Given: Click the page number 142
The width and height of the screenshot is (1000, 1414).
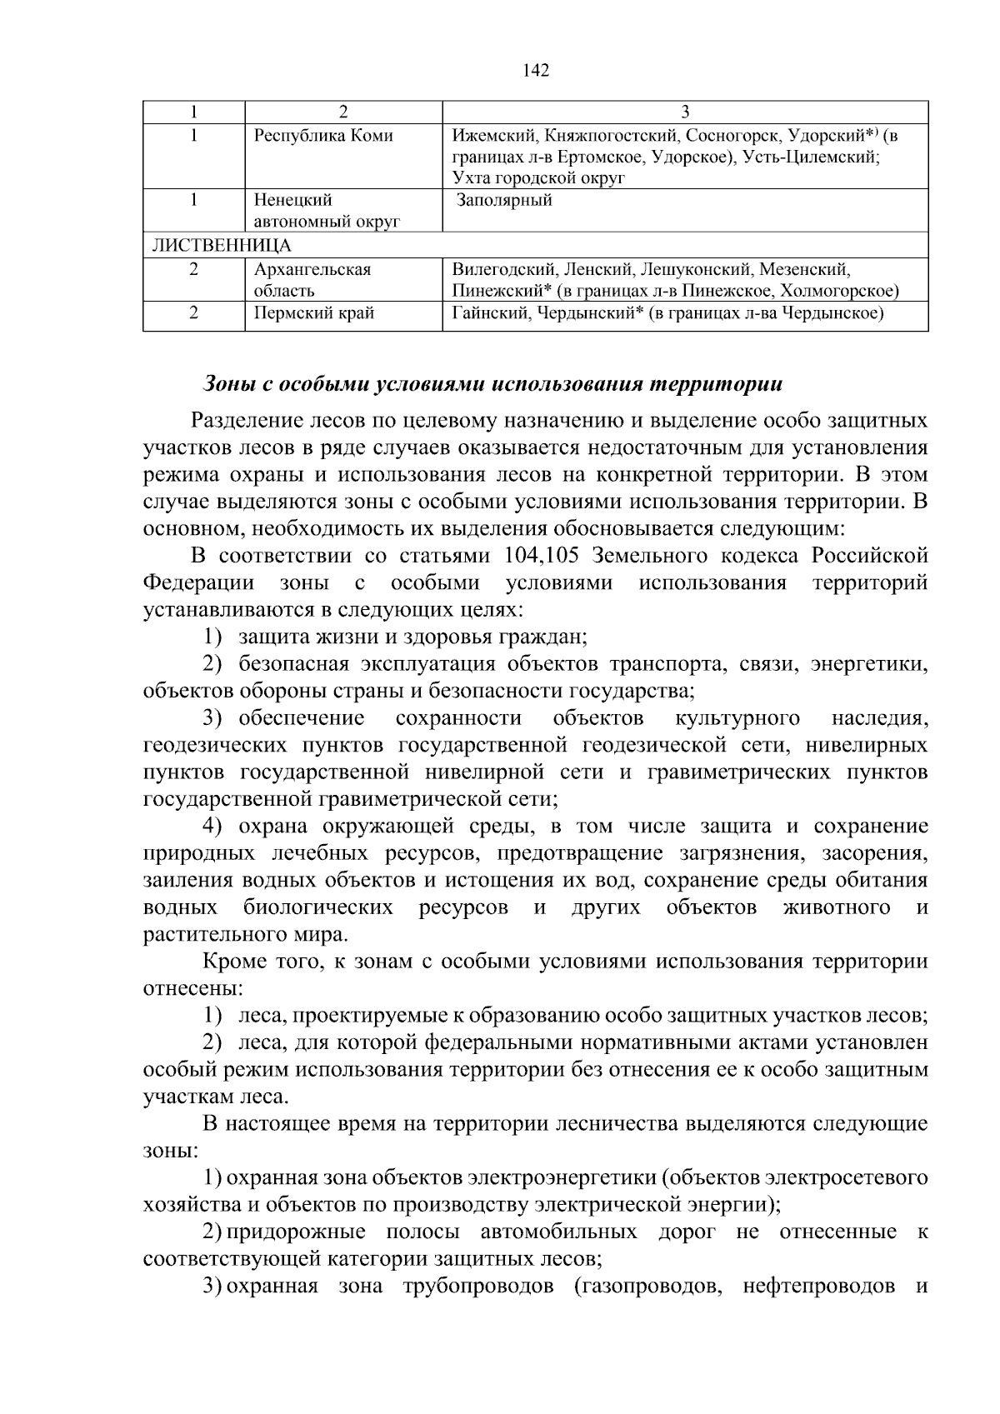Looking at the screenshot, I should tap(536, 71).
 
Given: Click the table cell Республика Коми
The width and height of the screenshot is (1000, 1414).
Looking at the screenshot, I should tap(322, 135).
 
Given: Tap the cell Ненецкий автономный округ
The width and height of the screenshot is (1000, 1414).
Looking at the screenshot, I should tap(327, 211).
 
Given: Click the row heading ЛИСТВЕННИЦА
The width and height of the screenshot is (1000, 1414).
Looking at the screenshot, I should tap(221, 245).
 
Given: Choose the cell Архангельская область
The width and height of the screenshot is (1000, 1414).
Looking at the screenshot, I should tap(312, 280).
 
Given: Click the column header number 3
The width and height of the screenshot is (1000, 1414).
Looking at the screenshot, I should tap(684, 112).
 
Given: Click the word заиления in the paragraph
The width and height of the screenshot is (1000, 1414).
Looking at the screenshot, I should tap(189, 880).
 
